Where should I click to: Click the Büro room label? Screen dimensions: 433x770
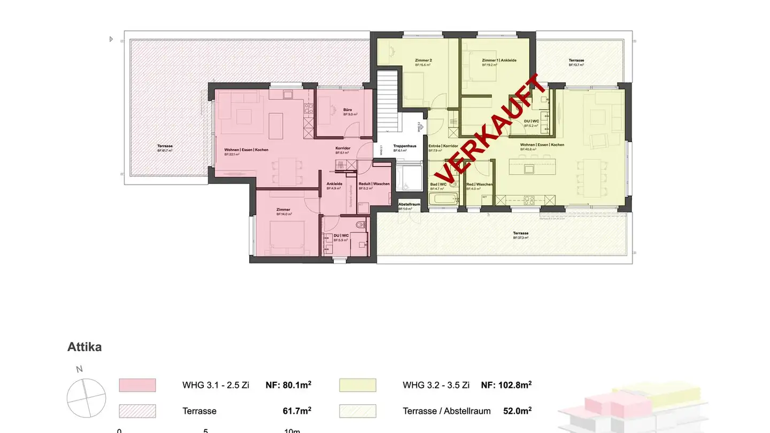[x=348, y=110]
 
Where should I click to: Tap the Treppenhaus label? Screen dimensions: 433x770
[x=405, y=146]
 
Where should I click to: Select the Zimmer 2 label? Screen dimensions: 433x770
[x=422, y=60]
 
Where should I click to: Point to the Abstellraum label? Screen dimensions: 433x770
[x=410, y=204]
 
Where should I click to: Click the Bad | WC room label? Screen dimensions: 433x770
[x=438, y=184]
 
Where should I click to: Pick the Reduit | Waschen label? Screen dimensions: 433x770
[x=374, y=184]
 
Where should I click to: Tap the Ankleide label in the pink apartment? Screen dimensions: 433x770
[x=334, y=184]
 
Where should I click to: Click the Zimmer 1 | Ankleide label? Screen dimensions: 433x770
[x=499, y=60]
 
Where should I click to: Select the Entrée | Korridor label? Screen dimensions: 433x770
[x=443, y=146]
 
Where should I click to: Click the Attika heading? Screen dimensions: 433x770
[x=84, y=347]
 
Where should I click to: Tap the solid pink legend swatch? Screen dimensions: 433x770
[x=137, y=385]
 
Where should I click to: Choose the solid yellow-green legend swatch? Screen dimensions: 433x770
[x=358, y=385]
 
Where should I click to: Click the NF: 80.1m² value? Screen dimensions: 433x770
[x=289, y=385]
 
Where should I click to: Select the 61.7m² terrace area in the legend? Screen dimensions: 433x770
[x=297, y=411]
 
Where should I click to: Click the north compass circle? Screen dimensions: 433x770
[x=86, y=398]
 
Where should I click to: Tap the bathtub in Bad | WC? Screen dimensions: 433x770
[x=444, y=200]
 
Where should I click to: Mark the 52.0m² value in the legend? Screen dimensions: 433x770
[x=517, y=411]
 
